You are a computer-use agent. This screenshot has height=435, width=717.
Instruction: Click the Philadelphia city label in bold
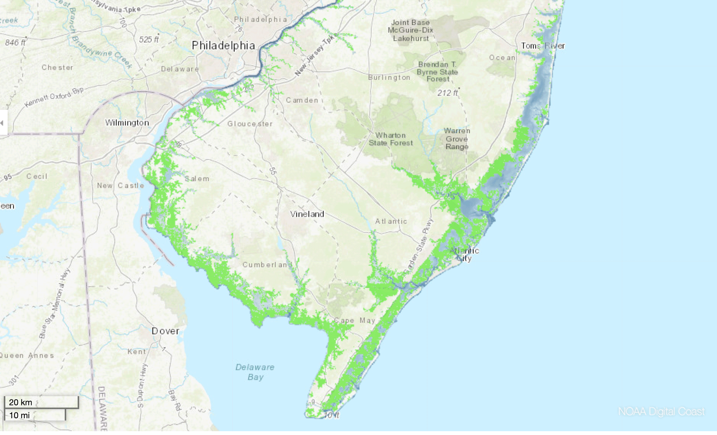coord(223,46)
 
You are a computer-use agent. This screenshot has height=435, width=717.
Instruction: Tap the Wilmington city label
coord(127,123)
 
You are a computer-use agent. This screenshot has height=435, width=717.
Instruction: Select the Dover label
coord(166,331)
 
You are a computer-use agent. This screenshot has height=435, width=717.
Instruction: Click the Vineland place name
coord(307,214)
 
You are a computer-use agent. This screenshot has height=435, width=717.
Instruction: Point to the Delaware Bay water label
coord(255,372)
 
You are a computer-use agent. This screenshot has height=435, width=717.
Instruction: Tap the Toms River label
coord(543,46)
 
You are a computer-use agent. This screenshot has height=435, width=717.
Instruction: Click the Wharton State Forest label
coord(391,139)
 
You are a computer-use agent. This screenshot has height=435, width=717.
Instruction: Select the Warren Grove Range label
coord(457,139)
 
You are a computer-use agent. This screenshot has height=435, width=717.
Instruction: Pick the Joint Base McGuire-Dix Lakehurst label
coord(411,30)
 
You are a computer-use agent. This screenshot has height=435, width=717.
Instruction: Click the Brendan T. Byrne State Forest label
coord(437,72)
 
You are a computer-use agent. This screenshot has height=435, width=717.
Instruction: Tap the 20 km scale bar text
coord(21,402)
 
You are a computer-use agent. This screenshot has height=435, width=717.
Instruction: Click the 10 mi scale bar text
coord(19,415)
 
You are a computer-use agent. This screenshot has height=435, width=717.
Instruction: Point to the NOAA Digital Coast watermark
coord(661,411)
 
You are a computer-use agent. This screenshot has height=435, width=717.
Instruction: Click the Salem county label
coord(197,179)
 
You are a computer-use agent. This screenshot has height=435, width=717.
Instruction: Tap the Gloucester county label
coord(250,124)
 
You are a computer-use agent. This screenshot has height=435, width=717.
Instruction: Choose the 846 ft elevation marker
coord(15,42)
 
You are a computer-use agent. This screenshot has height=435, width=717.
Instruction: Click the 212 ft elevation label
coord(448,93)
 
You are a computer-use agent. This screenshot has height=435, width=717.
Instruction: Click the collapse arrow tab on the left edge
coord(3,123)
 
